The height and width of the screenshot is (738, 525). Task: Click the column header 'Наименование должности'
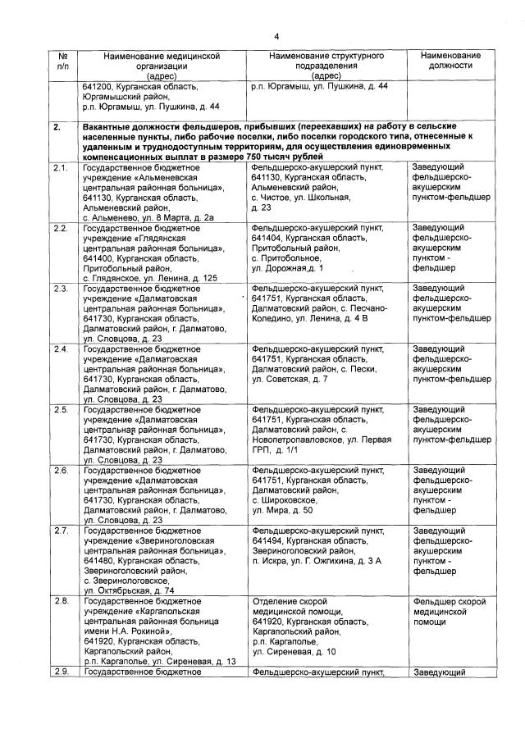(450, 60)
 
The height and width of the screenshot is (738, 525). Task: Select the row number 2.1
(61, 166)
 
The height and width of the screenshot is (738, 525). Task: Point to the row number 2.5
(61, 409)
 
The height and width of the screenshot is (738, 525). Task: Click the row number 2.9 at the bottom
(61, 672)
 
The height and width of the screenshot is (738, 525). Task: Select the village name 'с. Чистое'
(276, 197)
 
